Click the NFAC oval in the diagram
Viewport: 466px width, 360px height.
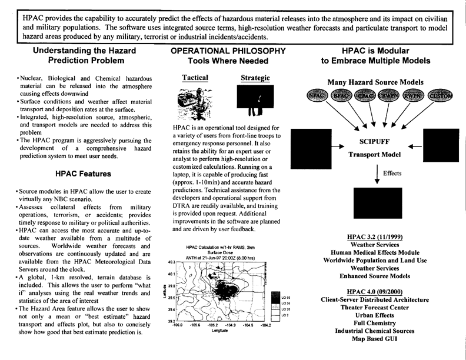point(317,95)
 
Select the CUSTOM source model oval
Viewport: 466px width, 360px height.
point(440,95)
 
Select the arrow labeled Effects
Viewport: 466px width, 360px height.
point(375,175)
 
